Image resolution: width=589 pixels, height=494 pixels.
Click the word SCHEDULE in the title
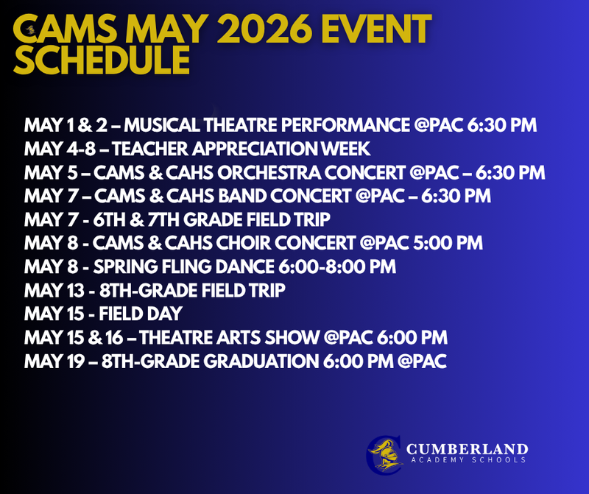point(102,60)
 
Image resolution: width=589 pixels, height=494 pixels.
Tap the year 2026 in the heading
point(264,29)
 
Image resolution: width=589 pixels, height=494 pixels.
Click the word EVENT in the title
point(376,29)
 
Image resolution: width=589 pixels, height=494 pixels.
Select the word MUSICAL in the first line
point(162,125)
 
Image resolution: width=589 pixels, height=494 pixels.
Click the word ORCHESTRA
point(269,173)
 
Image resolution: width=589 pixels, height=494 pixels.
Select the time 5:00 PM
point(448,243)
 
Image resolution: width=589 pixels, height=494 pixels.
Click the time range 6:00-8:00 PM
point(337,267)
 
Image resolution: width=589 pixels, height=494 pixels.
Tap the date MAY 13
point(54,290)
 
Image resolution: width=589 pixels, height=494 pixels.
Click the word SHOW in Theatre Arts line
point(292,338)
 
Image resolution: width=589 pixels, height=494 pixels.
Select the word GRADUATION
point(261,361)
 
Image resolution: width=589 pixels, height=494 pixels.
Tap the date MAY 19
point(54,361)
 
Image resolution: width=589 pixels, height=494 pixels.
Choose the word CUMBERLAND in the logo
point(467,449)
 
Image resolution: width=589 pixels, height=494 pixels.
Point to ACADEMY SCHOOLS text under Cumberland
point(468,460)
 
